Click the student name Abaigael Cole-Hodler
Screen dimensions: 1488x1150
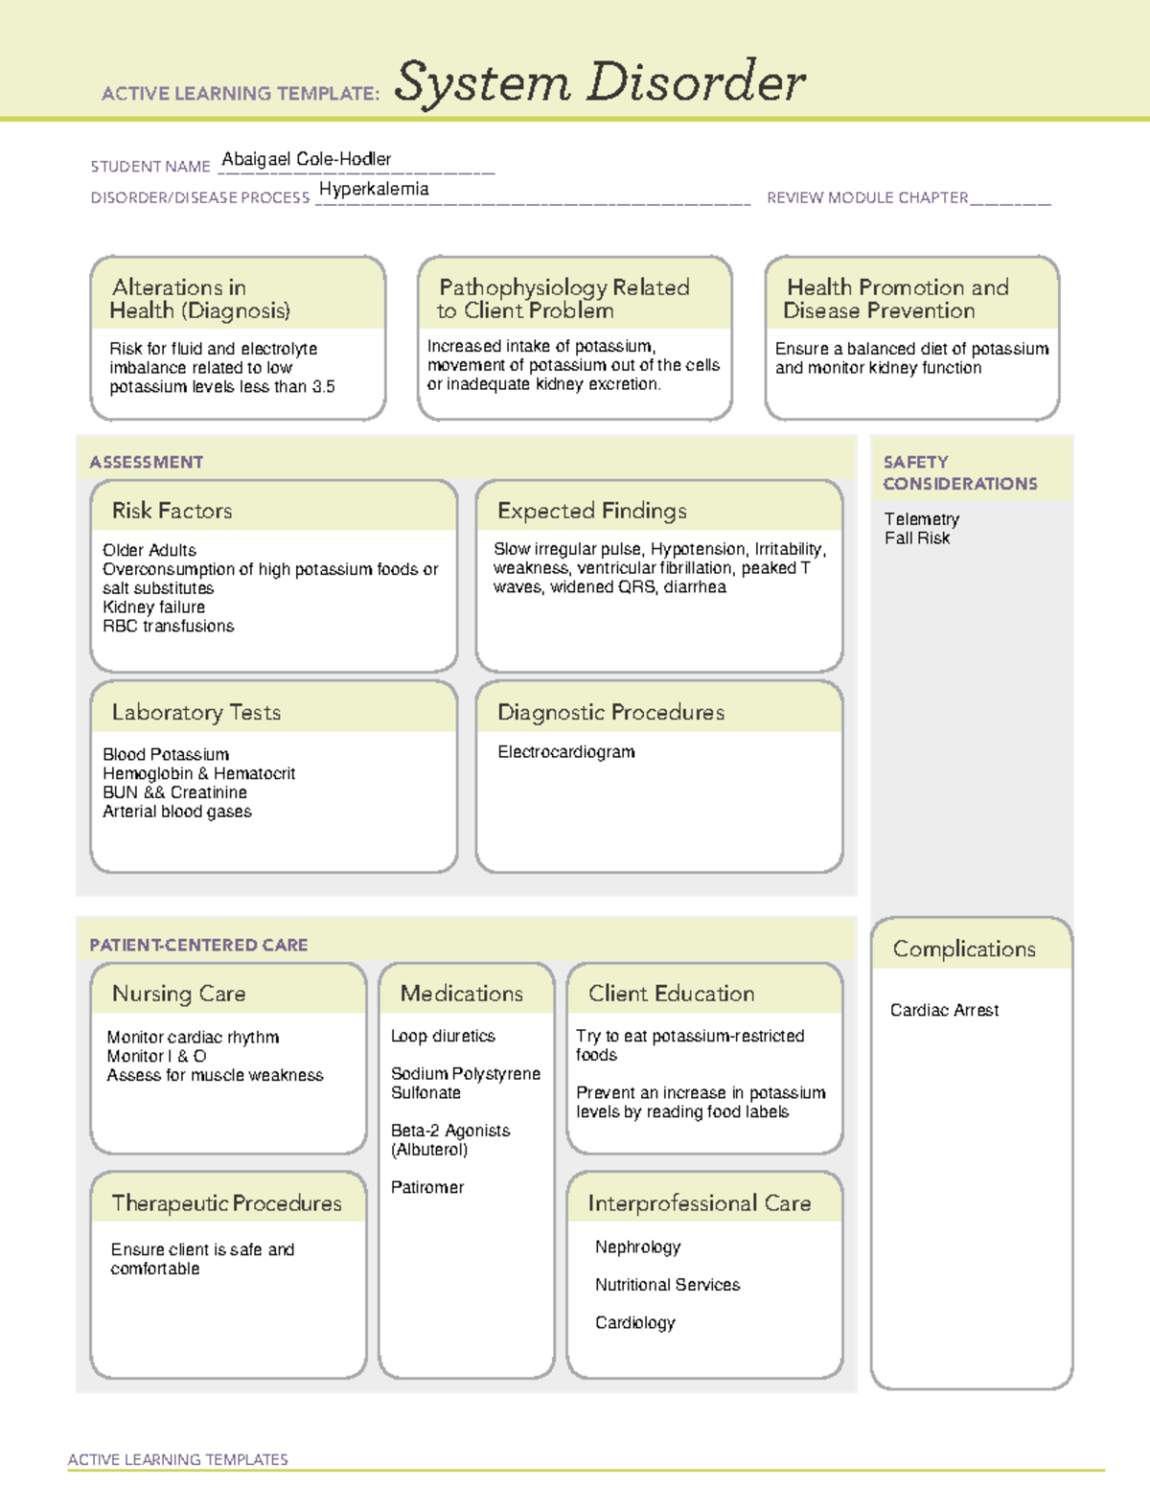[306, 159]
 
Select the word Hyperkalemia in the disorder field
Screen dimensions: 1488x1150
[374, 189]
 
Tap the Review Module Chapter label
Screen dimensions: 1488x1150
[867, 197]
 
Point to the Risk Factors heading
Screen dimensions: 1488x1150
[172, 511]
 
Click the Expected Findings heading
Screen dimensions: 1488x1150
[591, 511]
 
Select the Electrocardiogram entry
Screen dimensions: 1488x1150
[565, 752]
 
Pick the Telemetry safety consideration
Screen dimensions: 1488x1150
[921, 519]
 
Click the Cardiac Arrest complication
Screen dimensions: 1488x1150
[944, 1010]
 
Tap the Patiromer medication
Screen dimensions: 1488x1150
[427, 1187]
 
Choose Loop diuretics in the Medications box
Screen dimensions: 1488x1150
[443, 1036]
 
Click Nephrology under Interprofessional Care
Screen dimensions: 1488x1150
[637, 1247]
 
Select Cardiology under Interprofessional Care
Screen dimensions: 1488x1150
[634, 1322]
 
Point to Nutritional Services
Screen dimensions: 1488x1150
[667, 1285]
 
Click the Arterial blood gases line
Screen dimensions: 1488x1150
[177, 812]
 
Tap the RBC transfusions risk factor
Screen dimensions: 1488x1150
[169, 626]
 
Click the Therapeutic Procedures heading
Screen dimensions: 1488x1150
[226, 1202]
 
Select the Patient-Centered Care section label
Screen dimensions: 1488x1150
[198, 945]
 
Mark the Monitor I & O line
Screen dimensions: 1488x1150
[156, 1056]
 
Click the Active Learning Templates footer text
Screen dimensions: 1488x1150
[177, 1459]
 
